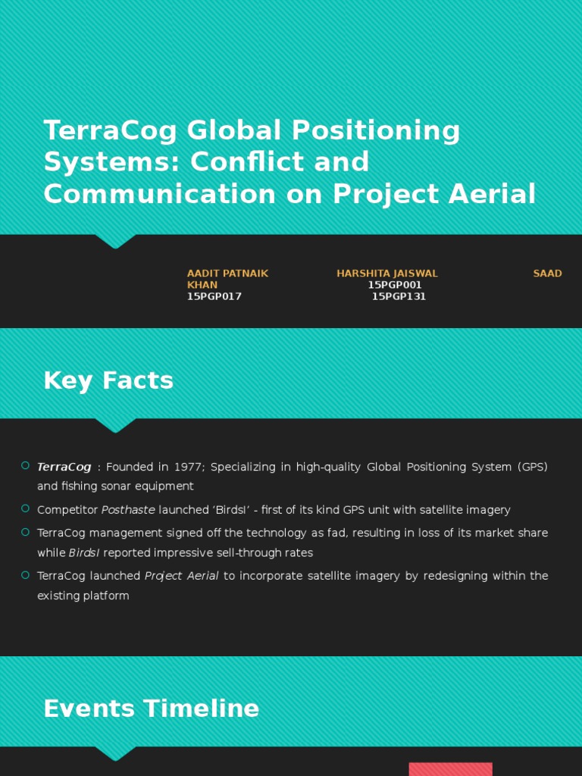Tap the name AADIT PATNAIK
coord(227,274)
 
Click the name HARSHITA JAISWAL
coord(387,274)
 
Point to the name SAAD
coord(547,274)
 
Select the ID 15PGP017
coord(214,296)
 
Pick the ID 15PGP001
coord(395,285)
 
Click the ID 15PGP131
coord(399,296)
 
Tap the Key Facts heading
coord(108,380)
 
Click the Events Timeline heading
coord(151,709)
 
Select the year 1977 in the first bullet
coord(191,467)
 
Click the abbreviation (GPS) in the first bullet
coord(533,467)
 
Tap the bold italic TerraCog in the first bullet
coord(64,467)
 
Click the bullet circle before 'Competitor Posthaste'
coord(26,508)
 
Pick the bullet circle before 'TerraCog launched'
coord(26,574)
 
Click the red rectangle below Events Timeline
coord(450,768)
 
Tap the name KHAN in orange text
coord(202,285)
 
